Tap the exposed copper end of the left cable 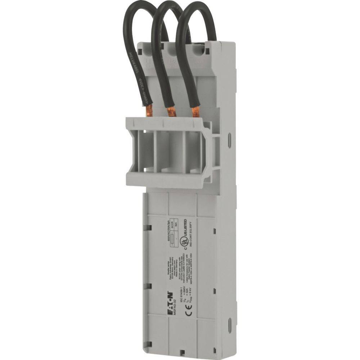pyautogui.click(x=149, y=110)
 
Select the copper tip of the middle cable pyautogui.click(x=172, y=112)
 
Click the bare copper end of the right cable pyautogui.click(x=195, y=112)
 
